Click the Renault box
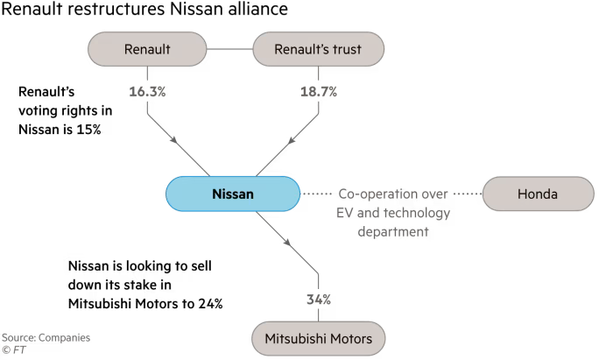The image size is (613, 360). coord(147,50)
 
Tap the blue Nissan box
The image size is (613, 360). coord(231,194)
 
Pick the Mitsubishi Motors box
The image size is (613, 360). coord(318,337)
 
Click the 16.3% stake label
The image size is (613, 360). coord(147,90)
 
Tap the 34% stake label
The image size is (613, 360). coord(318,300)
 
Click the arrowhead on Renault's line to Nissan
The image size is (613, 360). coord(179,141)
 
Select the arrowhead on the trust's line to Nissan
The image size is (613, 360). coord(285,141)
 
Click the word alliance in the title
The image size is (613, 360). coord(246,12)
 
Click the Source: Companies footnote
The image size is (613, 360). coord(46,337)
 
